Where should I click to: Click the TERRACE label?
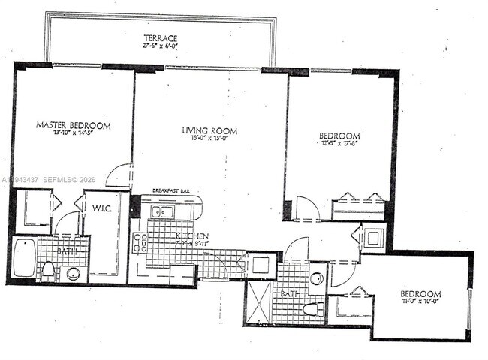click(x=161, y=37)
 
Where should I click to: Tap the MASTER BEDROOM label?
click(x=74, y=125)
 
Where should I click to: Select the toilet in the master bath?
click(x=47, y=270)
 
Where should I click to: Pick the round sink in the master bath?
click(x=74, y=271)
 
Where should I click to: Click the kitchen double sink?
click(x=162, y=212)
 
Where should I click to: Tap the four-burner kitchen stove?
click(x=140, y=241)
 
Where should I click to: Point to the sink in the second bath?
click(x=316, y=279)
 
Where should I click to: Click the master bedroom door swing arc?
click(x=118, y=176)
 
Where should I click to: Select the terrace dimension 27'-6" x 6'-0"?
click(x=161, y=46)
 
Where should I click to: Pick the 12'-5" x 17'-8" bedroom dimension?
click(x=339, y=145)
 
